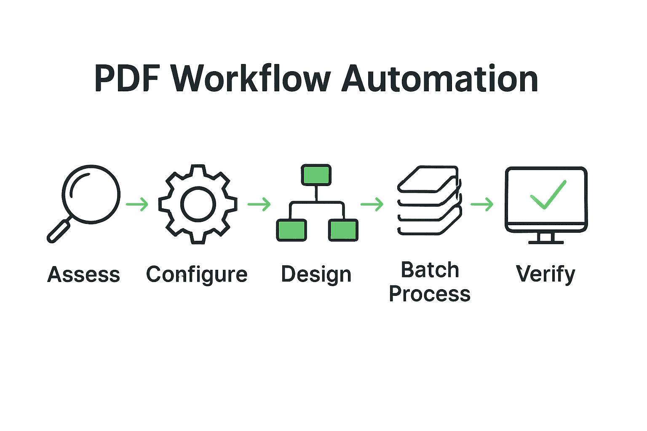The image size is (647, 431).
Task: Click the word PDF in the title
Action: click(127, 79)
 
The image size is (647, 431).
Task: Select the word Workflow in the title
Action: click(251, 79)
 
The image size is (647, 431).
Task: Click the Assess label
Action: click(83, 275)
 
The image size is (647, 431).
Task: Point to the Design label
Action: click(316, 275)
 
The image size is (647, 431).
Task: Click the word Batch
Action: click(430, 270)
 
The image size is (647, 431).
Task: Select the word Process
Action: click(430, 294)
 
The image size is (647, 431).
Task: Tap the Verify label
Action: click(545, 275)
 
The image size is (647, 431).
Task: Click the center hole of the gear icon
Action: click(198, 204)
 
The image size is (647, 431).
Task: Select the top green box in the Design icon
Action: click(316, 175)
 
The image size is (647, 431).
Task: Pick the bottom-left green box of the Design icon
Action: click(291, 230)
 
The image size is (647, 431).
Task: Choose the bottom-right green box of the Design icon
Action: click(343, 230)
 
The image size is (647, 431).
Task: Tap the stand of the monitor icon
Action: click(546, 238)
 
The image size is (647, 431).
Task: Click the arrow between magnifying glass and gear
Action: click(137, 205)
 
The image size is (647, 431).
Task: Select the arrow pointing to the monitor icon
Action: click(482, 205)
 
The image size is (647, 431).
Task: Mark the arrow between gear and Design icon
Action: click(259, 205)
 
